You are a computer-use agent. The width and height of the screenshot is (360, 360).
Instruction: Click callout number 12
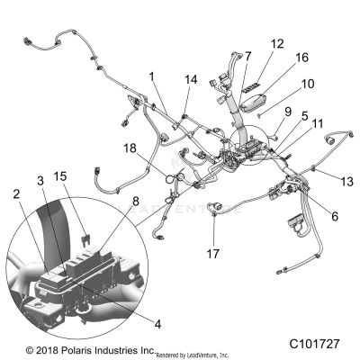point(277,42)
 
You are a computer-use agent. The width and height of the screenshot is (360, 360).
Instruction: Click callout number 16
point(302,57)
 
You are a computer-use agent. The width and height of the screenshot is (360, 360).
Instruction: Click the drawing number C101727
point(321,343)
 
